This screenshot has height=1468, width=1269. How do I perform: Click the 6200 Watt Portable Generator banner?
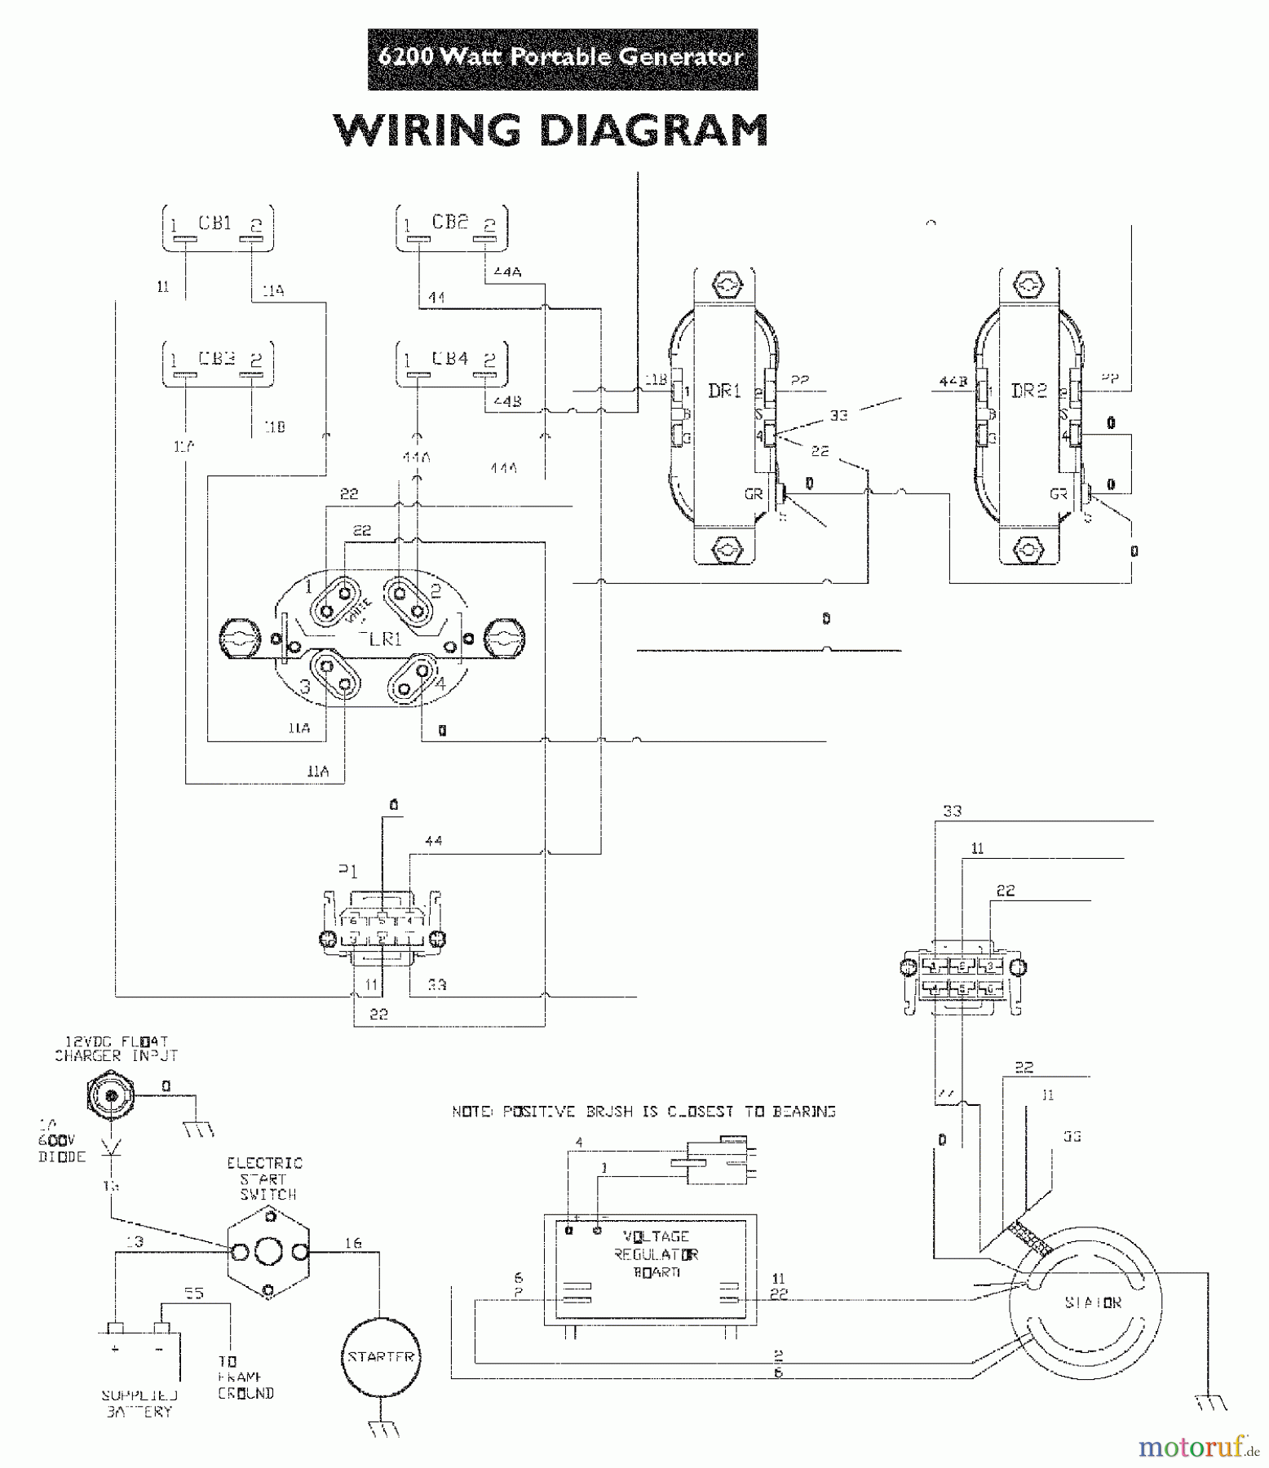(x=562, y=58)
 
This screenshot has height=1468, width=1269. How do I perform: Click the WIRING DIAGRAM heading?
(x=550, y=130)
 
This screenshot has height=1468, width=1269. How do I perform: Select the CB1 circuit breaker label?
(x=215, y=223)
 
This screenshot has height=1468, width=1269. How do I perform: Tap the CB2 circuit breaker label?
(x=449, y=222)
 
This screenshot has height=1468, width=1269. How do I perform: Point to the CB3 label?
(x=217, y=359)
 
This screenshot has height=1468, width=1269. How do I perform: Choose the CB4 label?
(x=449, y=358)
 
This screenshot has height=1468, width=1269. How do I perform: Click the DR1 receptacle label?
(x=724, y=391)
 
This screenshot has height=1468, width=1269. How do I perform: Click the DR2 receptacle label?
(x=1028, y=391)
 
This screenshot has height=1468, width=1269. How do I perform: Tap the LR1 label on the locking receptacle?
(x=385, y=639)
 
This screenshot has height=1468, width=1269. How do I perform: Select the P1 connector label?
(x=348, y=871)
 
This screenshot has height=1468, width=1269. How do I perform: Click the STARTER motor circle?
(x=381, y=1358)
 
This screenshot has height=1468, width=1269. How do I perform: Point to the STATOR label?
(x=1092, y=1303)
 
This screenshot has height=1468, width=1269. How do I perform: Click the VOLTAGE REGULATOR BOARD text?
(x=657, y=1254)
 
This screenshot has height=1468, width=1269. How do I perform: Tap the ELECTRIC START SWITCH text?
(x=265, y=1178)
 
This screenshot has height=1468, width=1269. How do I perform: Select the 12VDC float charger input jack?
(x=108, y=1093)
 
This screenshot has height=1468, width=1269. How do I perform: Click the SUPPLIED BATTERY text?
(x=139, y=1404)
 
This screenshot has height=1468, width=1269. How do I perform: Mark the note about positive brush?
(x=643, y=1112)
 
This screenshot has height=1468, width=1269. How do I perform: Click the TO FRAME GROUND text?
(x=245, y=1377)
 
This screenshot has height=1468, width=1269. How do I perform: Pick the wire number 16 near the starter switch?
(x=352, y=1243)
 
